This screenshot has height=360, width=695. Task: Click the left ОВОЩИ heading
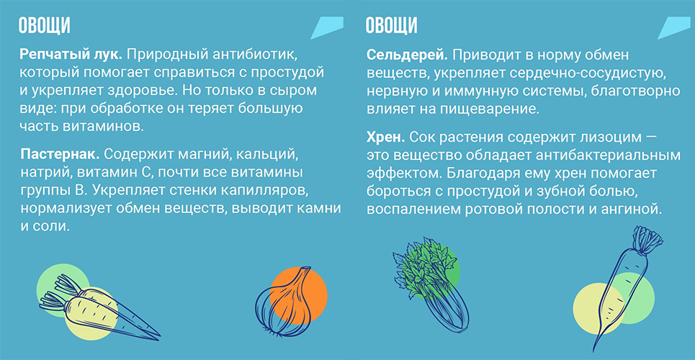[45, 26]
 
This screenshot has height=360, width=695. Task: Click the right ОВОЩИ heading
[391, 26]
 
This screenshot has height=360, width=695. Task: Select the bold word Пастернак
[60, 156]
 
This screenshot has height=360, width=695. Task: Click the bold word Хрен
[385, 138]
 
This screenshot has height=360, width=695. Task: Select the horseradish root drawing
[625, 288]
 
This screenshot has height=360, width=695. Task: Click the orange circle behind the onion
[299, 294]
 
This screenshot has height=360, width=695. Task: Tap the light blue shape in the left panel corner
[327, 27]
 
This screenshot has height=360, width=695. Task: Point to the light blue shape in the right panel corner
[674, 27]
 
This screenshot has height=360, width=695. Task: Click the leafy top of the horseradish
[647, 240]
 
